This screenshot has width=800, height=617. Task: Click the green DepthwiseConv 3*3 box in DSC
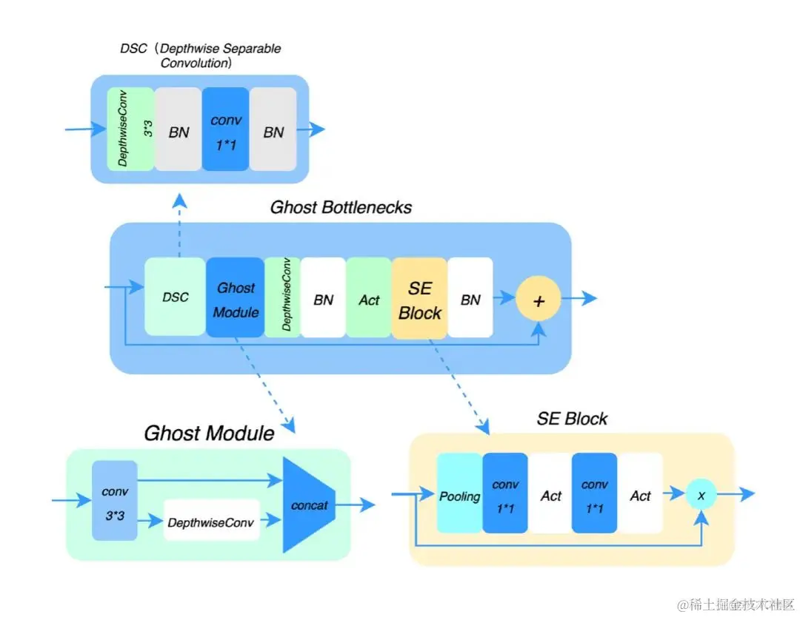point(130,129)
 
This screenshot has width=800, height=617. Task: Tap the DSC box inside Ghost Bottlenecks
point(175,297)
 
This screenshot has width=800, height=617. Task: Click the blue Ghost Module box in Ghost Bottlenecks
point(236,297)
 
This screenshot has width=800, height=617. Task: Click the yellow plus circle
point(539,299)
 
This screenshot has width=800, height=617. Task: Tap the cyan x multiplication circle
point(700,494)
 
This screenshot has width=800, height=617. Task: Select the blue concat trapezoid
point(310,505)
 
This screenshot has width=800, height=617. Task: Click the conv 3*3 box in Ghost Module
point(115,500)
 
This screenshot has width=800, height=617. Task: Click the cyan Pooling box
point(459,494)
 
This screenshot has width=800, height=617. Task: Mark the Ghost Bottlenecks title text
point(341,207)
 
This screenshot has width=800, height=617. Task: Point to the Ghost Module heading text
point(209,433)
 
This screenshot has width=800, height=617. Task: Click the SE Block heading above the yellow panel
point(572,419)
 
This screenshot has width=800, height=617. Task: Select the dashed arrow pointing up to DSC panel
point(179,226)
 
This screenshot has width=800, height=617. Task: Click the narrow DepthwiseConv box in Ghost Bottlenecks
point(282,297)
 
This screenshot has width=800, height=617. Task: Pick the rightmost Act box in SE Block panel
point(640,494)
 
